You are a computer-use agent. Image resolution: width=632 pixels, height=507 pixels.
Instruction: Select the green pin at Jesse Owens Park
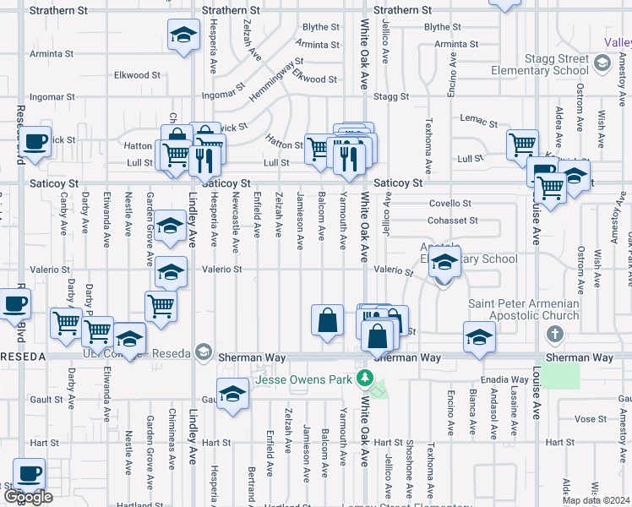[365, 378]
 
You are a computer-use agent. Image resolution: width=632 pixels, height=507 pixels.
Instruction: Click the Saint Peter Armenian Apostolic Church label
[524, 310]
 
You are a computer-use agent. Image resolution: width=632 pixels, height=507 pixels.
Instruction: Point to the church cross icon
[555, 335]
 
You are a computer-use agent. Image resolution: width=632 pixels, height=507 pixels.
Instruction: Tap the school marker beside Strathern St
[183, 35]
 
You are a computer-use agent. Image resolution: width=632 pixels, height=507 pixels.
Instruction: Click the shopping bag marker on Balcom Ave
[328, 321]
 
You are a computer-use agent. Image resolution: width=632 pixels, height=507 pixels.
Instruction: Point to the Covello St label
[449, 204]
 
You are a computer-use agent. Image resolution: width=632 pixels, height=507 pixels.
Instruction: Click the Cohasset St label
[454, 221]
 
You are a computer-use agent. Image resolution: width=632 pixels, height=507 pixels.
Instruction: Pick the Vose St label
[585, 419]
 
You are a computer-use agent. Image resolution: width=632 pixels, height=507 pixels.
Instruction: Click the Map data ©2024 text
[596, 500]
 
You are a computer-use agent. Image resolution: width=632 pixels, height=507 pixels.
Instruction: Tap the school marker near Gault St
[232, 395]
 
